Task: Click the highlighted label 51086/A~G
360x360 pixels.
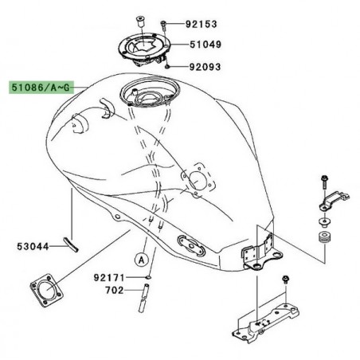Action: pos(39,85)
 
